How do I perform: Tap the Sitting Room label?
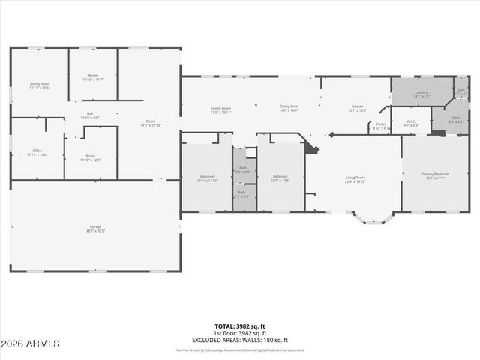39,85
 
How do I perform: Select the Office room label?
37,153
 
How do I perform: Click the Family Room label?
220,109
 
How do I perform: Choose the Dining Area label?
289,108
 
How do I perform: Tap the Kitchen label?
356,108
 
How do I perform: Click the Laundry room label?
421,94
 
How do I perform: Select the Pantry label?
381,126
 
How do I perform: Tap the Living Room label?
355,179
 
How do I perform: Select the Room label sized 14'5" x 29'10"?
150,123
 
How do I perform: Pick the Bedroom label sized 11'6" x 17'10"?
206,178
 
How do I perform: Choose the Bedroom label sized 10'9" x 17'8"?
280,178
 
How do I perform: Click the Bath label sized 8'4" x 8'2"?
455,118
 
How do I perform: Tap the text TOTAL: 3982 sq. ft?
240,326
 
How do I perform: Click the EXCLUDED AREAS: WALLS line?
240,340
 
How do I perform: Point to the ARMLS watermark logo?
30,343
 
